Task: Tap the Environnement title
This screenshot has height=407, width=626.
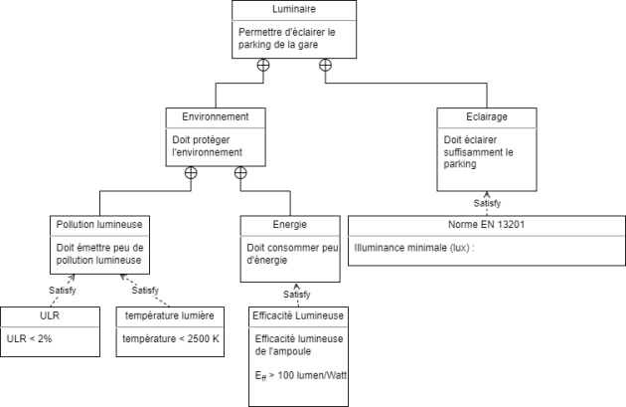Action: pos(216,116)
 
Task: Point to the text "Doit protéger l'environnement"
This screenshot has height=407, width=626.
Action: pos(207,146)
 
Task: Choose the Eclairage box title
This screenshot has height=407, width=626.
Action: pos(487,116)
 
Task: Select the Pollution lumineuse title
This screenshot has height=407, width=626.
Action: pos(100,225)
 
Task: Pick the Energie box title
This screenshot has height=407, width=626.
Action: pos(289,225)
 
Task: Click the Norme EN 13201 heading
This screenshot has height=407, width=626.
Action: pos(487,225)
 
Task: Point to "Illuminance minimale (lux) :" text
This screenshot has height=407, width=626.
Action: pos(414,247)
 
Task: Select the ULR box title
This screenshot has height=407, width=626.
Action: pos(50,316)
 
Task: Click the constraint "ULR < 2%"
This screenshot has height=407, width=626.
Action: pos(31,338)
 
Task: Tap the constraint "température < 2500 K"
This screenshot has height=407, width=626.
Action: pos(170,338)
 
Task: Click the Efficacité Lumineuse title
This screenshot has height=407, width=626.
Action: pos(298,316)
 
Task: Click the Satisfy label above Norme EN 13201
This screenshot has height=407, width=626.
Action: pos(487,203)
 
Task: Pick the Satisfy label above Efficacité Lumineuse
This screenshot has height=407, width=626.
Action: pos(296,295)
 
